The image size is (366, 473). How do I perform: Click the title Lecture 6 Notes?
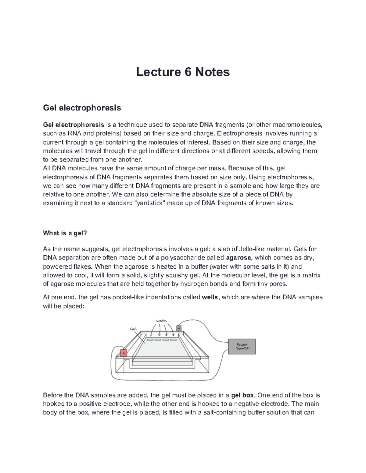[x=183, y=72]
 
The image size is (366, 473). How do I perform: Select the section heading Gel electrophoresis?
[x=82, y=108]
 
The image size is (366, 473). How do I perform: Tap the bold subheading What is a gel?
[x=65, y=233]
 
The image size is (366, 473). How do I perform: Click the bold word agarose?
[x=239, y=258]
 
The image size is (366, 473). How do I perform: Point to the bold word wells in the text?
[x=210, y=297]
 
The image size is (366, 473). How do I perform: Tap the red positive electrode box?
[x=124, y=353]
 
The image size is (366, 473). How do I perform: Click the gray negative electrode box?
[x=179, y=328]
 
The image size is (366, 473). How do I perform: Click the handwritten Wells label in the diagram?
[x=161, y=320]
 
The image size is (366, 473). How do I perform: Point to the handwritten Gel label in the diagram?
[x=133, y=329]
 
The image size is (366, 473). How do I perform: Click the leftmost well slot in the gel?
[x=150, y=339]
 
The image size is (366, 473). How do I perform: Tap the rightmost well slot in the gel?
[x=173, y=339]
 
